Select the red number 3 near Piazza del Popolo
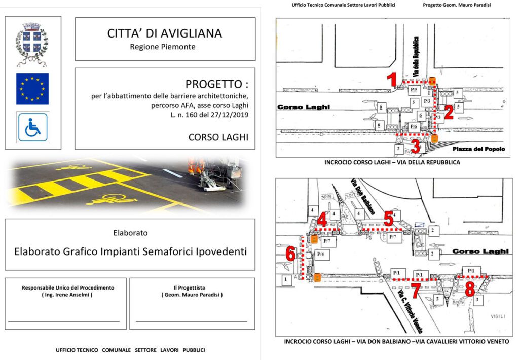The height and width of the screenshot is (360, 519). [x=416, y=147]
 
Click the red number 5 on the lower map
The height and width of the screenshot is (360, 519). [x=389, y=219]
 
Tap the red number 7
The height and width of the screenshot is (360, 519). [x=416, y=291]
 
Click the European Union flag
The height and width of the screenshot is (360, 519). [x=32, y=88]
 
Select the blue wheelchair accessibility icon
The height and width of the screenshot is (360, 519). [x=32, y=127]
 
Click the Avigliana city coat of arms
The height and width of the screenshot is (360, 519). [x=32, y=45]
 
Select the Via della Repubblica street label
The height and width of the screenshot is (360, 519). [x=417, y=56]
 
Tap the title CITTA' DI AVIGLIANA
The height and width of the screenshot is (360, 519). [x=165, y=33]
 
